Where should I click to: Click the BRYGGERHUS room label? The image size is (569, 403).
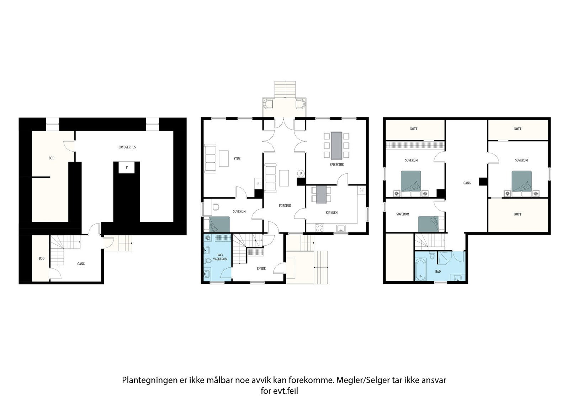click(127, 147)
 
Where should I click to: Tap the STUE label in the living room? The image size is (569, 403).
click(237, 158)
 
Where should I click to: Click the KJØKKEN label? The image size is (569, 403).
click(331, 213)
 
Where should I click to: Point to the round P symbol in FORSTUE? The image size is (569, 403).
click(301, 173)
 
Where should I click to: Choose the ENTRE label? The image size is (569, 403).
click(261, 268)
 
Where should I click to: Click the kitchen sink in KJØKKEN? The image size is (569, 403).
click(341, 229)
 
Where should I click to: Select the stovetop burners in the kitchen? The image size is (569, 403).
click(319, 227)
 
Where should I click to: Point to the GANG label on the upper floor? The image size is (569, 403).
click(467, 183)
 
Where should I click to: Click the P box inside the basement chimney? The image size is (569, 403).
click(126, 167)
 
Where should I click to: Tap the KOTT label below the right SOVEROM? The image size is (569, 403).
click(517, 214)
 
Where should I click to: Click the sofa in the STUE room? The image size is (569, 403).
click(210, 158)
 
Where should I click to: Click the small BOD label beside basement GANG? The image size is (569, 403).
click(42, 258)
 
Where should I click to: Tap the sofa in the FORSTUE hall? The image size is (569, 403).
click(271, 178)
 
